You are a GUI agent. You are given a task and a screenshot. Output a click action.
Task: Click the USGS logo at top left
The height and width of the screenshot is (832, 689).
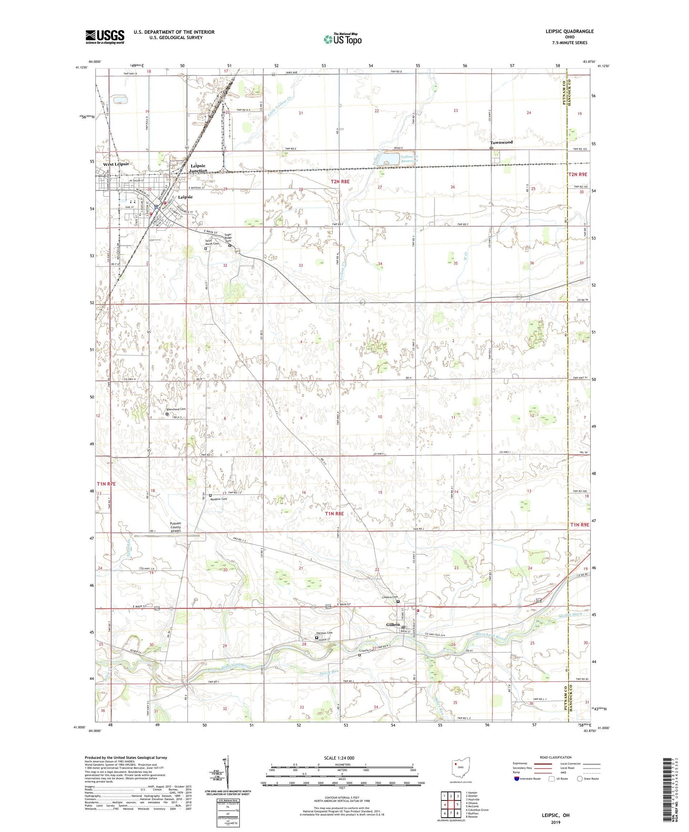(105, 37)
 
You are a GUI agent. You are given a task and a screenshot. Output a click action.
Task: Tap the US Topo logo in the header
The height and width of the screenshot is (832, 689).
(343, 39)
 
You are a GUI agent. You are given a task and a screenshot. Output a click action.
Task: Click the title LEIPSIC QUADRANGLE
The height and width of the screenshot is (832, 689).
(570, 31)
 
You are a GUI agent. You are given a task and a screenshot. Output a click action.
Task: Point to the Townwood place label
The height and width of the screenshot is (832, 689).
(501, 142)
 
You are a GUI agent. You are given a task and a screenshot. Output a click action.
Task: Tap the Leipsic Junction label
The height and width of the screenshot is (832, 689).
(198, 168)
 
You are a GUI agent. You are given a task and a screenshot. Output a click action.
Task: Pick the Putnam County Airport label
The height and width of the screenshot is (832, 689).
(176, 527)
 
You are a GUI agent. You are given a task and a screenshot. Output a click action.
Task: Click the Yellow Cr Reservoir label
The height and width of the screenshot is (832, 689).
(409, 159)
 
